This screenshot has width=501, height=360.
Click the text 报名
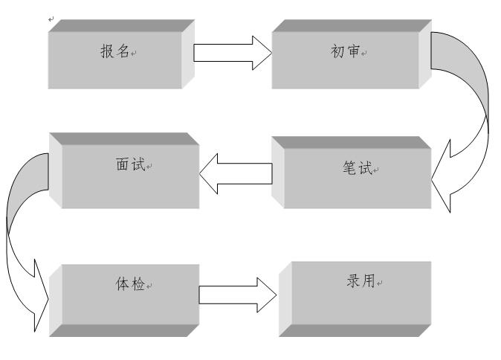[114, 52]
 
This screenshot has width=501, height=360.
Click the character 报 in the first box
[107, 52]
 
